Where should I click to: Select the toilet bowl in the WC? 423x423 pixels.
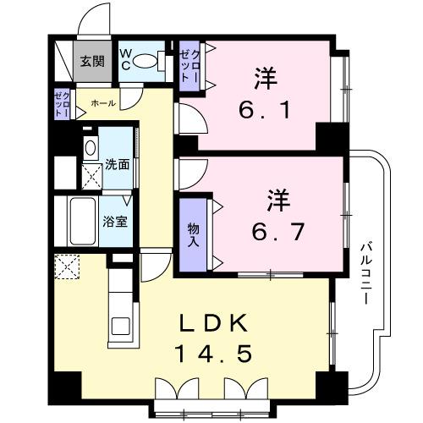(150, 60)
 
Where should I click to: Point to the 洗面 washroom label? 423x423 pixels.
(118, 164)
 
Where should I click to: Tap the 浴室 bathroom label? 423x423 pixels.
(115, 222)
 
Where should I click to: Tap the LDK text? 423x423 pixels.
(214, 324)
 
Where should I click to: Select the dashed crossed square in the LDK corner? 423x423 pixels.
(65, 268)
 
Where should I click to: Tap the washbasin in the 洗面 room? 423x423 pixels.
(91, 147)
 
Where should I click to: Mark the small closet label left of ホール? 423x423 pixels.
(62, 105)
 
